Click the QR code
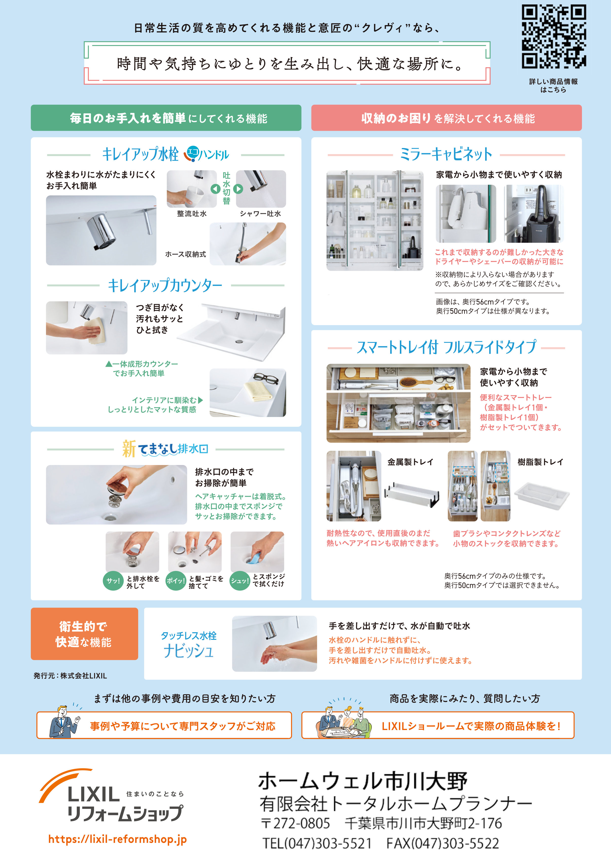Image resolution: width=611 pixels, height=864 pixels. tap(553, 36)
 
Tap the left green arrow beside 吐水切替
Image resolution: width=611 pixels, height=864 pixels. tap(215, 189)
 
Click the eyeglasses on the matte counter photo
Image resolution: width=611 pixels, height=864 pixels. tap(266, 378)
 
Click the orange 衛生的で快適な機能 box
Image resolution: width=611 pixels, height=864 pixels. tap(84, 634)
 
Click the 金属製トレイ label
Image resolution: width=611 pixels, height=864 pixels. tap(410, 462)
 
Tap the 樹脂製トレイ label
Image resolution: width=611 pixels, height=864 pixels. tap(540, 462)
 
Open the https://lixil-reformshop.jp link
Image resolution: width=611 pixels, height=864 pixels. tap(118, 839)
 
